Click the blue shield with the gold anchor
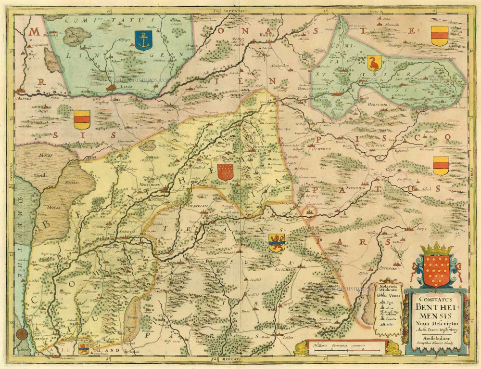pos(142,40)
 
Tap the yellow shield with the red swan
pos(374,63)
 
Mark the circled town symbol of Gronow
pos(312,211)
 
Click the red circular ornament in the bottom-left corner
pos(21,333)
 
